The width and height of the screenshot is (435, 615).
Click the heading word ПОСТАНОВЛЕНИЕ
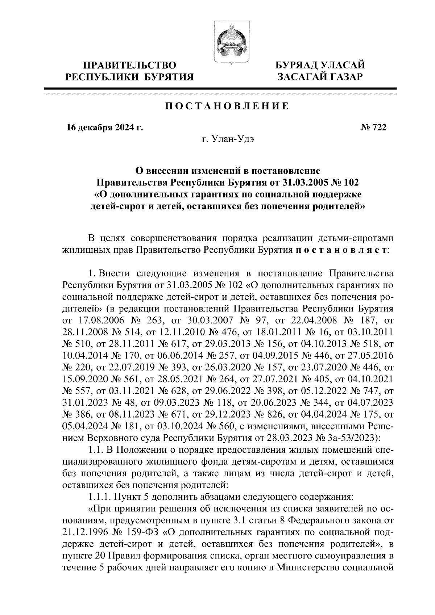tap(227, 106)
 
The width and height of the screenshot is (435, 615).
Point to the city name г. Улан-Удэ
tap(229, 140)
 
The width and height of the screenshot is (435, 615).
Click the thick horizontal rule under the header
tap(220, 89)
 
